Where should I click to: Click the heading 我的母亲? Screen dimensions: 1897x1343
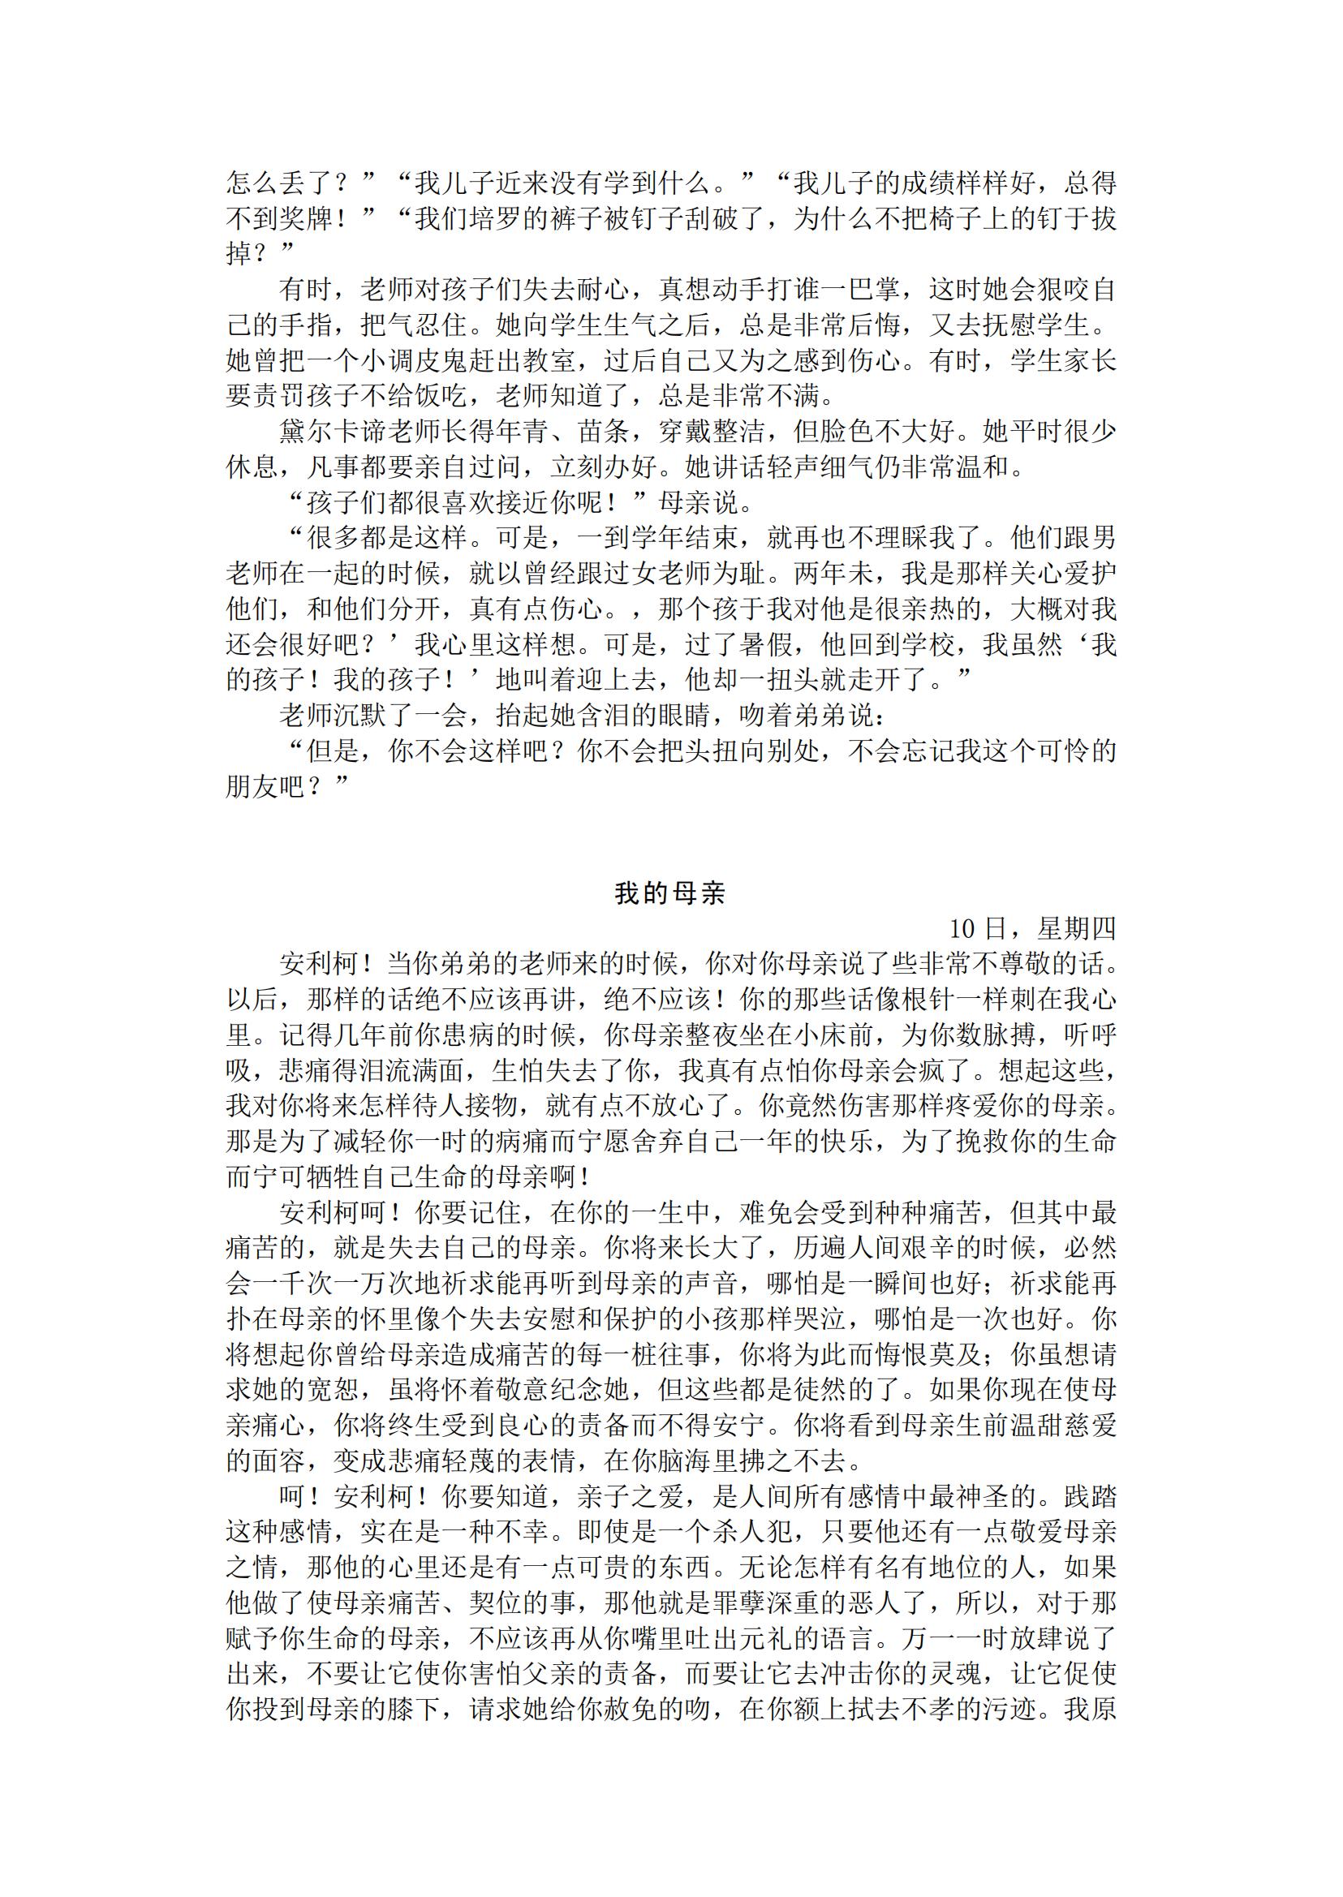(x=669, y=893)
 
